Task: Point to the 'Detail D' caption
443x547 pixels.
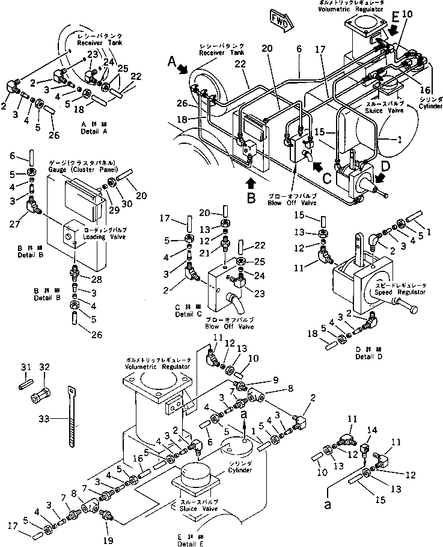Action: [x=347, y=355]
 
